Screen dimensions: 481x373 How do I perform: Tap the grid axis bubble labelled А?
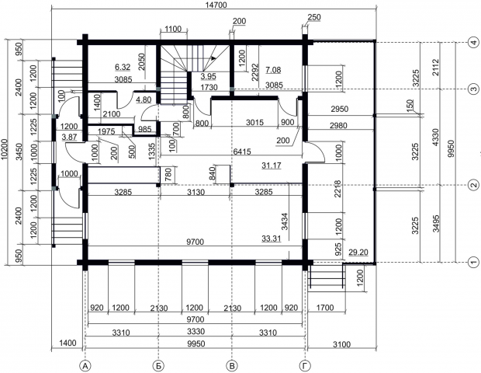[x=85, y=366]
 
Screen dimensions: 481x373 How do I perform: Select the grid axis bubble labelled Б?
[x=158, y=366]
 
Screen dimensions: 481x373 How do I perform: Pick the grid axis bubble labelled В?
[x=232, y=366]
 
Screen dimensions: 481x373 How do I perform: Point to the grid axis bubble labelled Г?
[x=305, y=366]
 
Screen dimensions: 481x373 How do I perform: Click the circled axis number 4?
[x=474, y=42]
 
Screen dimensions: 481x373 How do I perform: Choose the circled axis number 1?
[x=474, y=262]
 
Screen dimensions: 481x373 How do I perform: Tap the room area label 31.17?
[x=272, y=166]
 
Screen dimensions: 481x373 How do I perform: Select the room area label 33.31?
[x=272, y=239]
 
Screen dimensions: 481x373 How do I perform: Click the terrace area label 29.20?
[x=358, y=253]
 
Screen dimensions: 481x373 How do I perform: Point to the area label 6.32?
[x=123, y=67]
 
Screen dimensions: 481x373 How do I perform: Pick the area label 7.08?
[x=273, y=70]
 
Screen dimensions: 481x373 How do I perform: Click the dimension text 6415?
[x=242, y=152]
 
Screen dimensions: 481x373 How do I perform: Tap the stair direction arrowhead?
[x=213, y=58]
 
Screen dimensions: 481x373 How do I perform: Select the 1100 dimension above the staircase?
[x=173, y=30]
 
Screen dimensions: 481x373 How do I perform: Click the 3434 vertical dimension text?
[x=285, y=221]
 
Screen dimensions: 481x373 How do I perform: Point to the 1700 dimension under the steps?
[x=325, y=307]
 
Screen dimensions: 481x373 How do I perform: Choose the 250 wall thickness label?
[x=314, y=17]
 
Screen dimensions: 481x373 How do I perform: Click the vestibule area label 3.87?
[x=69, y=137]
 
